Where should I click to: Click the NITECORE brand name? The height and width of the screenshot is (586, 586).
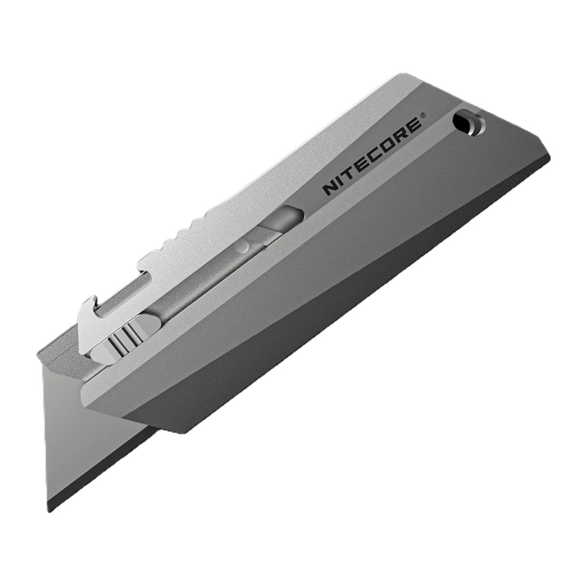[x=373, y=156]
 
